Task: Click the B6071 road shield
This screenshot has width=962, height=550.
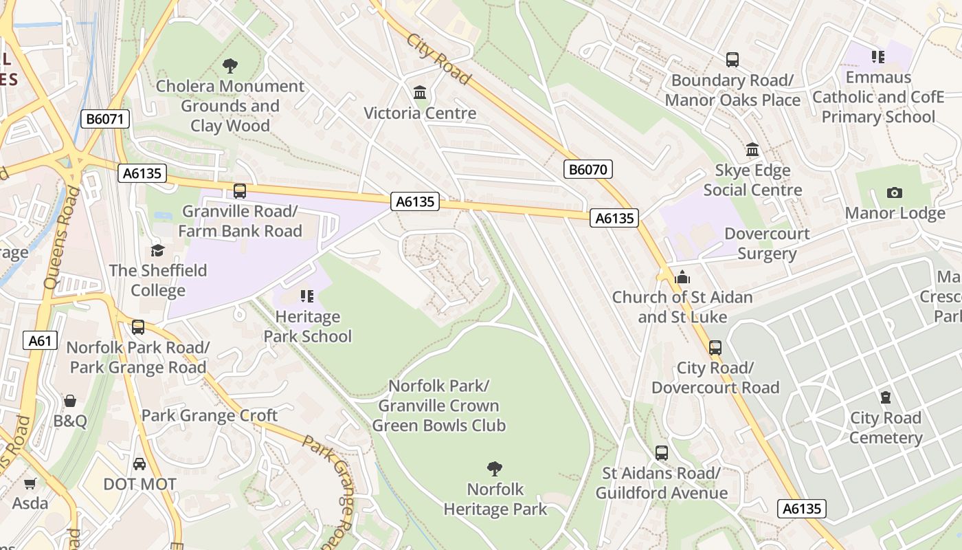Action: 105,119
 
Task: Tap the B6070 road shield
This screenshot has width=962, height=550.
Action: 588,169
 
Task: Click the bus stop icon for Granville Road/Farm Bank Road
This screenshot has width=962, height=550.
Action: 240,191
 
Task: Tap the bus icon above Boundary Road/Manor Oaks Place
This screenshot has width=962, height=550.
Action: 732,60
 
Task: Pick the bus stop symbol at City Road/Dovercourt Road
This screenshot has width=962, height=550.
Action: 715,348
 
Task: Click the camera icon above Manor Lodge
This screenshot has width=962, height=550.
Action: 895,192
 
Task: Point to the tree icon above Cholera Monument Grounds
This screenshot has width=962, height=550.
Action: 230,66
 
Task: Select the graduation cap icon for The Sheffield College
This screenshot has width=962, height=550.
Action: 158,250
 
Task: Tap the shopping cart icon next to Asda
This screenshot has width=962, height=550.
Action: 30,483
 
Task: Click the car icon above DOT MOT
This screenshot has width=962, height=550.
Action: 139,464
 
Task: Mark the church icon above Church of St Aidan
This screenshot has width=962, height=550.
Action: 682,277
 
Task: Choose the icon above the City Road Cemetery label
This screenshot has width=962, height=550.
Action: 886,397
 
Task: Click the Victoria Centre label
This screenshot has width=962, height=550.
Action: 420,113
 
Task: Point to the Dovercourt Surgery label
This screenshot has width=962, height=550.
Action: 767,243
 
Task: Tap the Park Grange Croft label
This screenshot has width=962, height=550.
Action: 210,415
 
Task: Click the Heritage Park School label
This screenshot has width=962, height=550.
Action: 308,327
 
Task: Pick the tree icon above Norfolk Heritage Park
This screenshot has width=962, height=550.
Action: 494,469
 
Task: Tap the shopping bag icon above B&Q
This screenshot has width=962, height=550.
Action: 70,401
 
